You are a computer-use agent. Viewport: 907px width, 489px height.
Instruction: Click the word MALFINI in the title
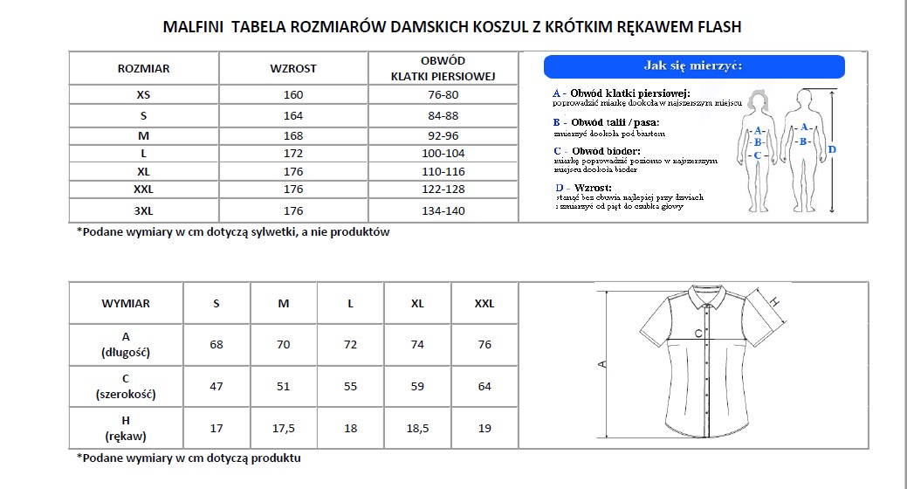194,27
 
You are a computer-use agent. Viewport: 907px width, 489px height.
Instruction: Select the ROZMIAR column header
143,68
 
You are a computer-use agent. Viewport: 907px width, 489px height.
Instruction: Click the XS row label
143,94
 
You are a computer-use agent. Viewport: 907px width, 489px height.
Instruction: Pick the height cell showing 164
293,115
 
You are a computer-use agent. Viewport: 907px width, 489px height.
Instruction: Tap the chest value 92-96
443,135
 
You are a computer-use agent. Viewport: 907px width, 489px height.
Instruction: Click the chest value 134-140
443,210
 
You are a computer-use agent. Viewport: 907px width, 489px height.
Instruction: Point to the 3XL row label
143,210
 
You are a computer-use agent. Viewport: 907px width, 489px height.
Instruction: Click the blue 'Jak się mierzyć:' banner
694,66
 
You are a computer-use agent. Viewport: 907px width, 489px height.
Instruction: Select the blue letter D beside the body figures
832,150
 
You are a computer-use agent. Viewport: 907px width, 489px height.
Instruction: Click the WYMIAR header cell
126,304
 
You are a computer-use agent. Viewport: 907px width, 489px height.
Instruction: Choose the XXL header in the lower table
484,304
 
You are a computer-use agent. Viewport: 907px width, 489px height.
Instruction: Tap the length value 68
216,345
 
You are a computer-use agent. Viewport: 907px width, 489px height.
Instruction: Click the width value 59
417,386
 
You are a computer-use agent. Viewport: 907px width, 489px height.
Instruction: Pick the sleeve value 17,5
283,428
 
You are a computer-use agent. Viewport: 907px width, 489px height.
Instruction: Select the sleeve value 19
484,428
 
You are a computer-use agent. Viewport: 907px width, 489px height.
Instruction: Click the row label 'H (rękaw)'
126,428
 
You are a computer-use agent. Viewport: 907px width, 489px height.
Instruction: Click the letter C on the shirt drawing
698,333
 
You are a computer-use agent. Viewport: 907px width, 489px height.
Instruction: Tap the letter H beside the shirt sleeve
773,302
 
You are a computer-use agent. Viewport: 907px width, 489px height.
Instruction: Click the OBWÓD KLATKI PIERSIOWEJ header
443,68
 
